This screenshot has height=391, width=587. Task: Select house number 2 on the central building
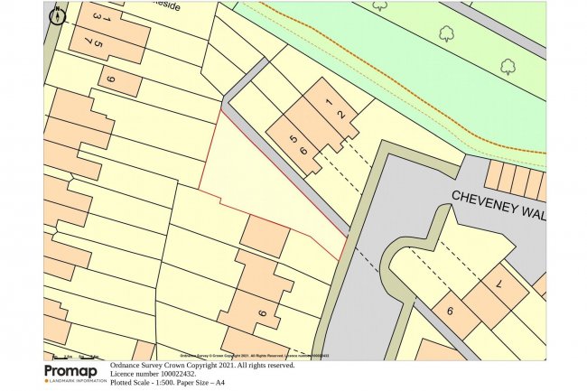(340, 114)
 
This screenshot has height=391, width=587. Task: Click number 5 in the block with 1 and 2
(293, 138)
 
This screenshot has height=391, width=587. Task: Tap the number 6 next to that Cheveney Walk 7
(449, 310)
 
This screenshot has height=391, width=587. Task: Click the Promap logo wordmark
(75, 371)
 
